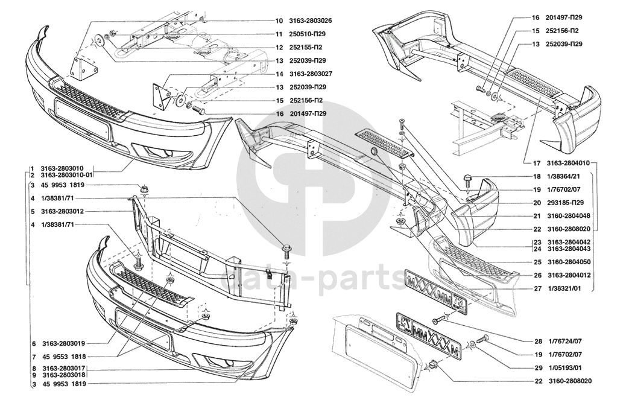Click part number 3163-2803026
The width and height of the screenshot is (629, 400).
click(x=310, y=21)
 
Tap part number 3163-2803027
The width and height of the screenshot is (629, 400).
click(x=310, y=74)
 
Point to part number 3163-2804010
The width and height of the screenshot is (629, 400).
click(x=568, y=163)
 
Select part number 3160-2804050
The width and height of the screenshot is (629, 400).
click(x=568, y=262)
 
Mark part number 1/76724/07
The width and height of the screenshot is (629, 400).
click(x=564, y=341)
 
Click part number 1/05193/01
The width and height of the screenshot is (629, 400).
click(x=564, y=368)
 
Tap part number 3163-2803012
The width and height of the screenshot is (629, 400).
click(x=62, y=211)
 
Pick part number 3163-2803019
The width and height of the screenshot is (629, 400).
click(x=62, y=343)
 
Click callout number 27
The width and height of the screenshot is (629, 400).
click(x=537, y=288)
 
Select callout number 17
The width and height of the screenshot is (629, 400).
click(x=537, y=163)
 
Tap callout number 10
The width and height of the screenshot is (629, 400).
click(x=279, y=21)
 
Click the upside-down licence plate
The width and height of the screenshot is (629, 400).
click(x=429, y=332)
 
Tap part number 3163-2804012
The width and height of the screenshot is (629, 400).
click(x=568, y=275)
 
